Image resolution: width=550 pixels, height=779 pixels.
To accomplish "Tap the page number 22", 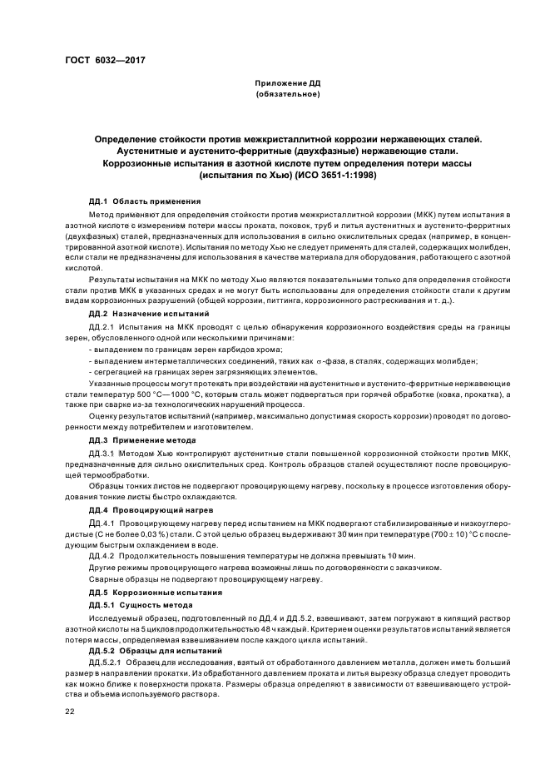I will tap(70, 712).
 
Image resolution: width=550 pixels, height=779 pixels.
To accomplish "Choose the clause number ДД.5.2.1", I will tap(104, 662).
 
